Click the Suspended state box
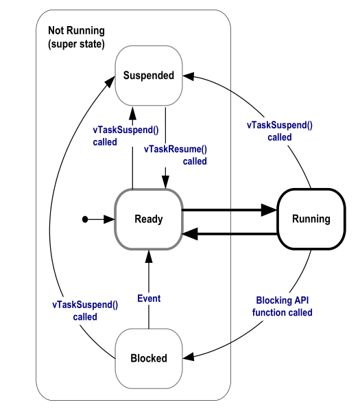[149, 75]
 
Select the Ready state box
[149, 220]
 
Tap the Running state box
[311, 220]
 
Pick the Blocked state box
[149, 358]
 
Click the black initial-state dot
[85, 220]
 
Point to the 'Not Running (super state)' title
[77, 37]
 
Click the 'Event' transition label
[149, 299]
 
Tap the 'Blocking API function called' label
[284, 306]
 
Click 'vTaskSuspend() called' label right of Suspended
[280, 131]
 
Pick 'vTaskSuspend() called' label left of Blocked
[85, 311]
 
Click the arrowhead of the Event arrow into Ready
[149, 255]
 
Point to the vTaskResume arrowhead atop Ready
[165, 180]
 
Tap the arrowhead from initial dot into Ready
[110, 220]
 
